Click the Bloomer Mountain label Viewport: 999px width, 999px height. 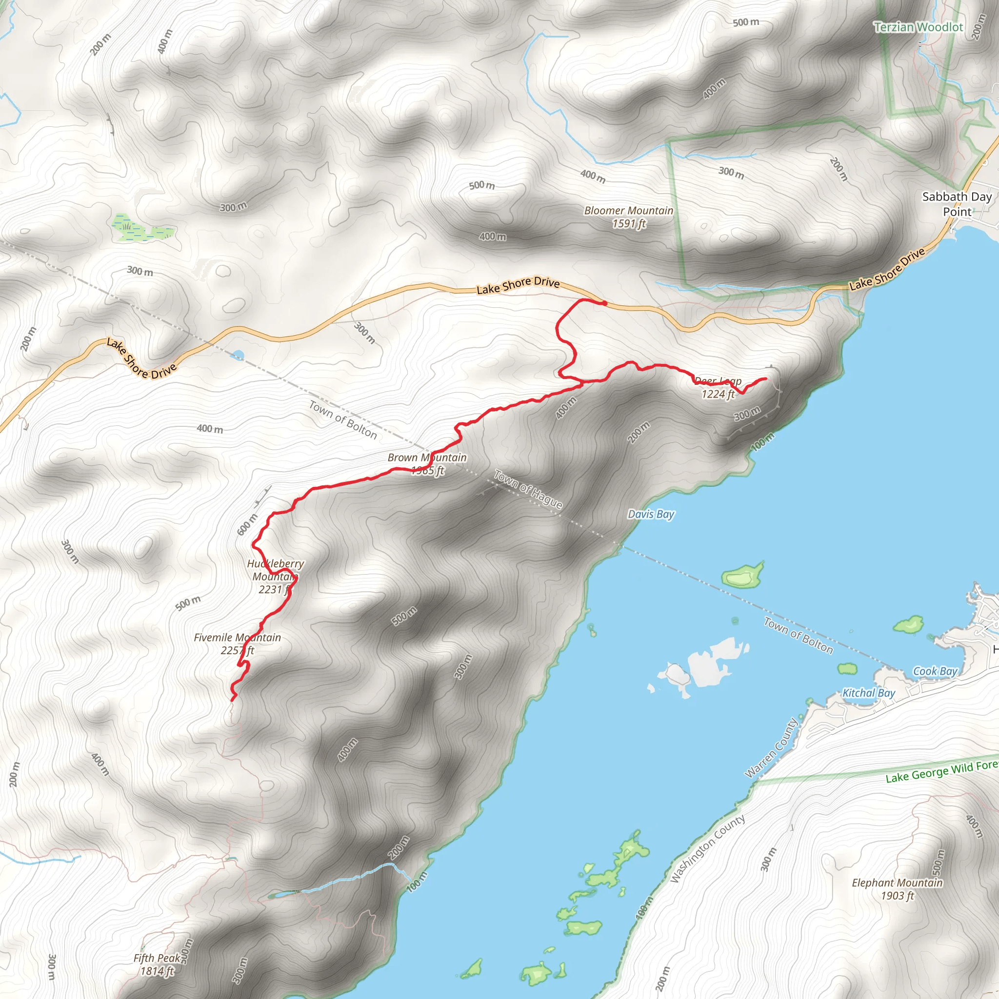(x=628, y=217)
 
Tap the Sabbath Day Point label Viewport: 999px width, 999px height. (x=957, y=204)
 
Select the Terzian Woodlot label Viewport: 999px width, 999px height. (x=919, y=27)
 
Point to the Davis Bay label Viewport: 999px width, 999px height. (x=651, y=514)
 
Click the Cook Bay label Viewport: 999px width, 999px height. (x=935, y=671)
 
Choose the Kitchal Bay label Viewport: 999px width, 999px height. (x=869, y=693)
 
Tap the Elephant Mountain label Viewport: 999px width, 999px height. (x=897, y=889)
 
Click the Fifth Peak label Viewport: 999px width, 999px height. (x=157, y=964)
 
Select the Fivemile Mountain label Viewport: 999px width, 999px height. (x=238, y=644)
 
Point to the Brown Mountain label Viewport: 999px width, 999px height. (x=427, y=464)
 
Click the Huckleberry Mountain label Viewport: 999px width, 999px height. (x=275, y=576)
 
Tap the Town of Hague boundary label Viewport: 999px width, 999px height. (x=528, y=489)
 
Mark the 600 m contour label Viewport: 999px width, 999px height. (x=247, y=524)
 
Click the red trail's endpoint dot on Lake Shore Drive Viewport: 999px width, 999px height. (x=604, y=303)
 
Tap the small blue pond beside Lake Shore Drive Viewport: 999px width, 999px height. (x=238, y=355)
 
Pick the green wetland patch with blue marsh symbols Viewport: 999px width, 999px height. (x=140, y=227)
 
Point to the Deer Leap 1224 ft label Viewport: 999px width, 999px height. (x=718, y=388)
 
